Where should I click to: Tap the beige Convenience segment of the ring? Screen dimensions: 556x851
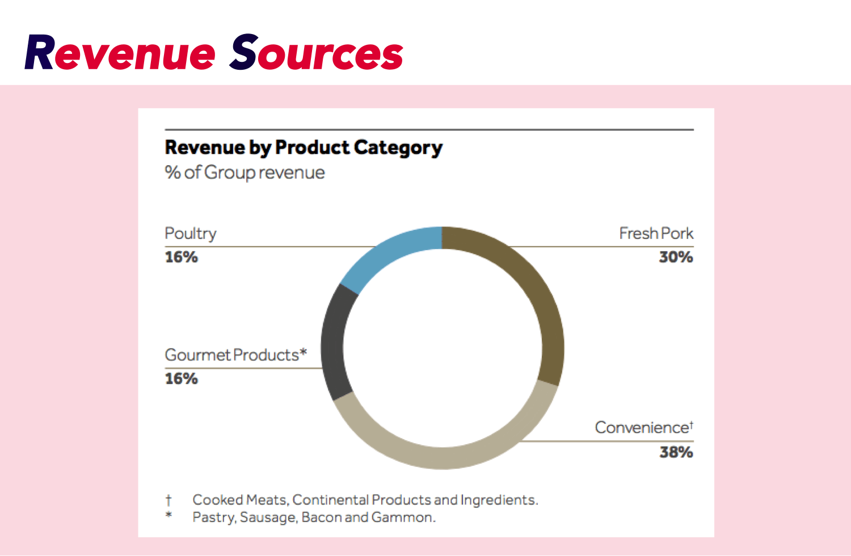[443, 457]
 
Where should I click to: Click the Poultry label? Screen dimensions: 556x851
[191, 234]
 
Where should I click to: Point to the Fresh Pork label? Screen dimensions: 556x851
[656, 233]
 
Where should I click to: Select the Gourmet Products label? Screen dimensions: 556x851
[235, 355]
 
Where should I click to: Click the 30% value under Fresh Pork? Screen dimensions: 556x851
[676, 257]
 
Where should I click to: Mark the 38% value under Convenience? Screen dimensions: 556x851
[676, 452]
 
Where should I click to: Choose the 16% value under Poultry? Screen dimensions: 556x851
[181, 257]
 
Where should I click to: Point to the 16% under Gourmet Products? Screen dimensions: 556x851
[181, 378]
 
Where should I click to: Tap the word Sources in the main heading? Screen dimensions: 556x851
[316, 53]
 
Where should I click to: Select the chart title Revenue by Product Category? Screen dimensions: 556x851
[304, 148]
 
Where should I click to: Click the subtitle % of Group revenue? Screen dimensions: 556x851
[245, 172]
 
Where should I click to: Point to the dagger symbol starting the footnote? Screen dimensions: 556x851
[168, 500]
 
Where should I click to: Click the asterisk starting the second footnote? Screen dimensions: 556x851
[168, 515]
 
